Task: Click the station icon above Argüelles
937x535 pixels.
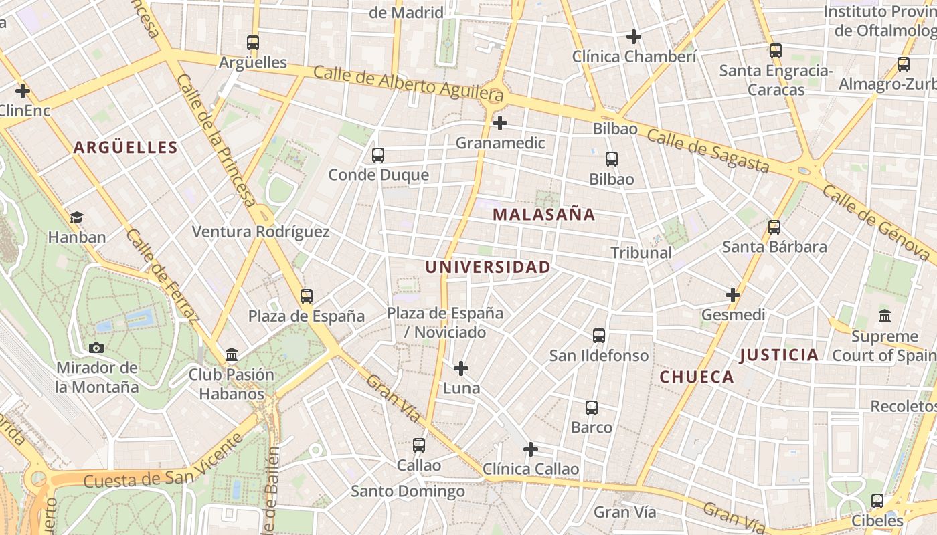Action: [253, 42]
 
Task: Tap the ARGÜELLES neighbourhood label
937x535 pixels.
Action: [126, 148]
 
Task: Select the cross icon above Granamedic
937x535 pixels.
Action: [499, 123]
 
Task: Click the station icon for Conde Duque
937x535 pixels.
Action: [378, 155]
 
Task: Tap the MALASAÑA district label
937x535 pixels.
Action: [543, 215]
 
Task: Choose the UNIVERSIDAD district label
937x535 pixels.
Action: [488, 267]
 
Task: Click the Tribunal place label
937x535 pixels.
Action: [641, 253]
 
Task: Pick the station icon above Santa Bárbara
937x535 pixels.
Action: [774, 227]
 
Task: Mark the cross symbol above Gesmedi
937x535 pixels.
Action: [733, 294]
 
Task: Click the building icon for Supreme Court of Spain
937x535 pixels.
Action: [885, 316]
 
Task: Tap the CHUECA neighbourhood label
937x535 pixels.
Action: [697, 377]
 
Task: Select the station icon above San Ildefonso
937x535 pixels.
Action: [599, 336]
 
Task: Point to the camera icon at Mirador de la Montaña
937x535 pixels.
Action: [96, 348]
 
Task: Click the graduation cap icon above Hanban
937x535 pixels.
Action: [76, 217]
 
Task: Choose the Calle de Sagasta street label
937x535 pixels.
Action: [707, 150]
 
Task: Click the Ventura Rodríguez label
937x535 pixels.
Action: [261, 232]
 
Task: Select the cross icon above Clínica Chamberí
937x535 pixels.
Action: [634, 37]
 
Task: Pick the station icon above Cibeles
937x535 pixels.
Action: [877, 500]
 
